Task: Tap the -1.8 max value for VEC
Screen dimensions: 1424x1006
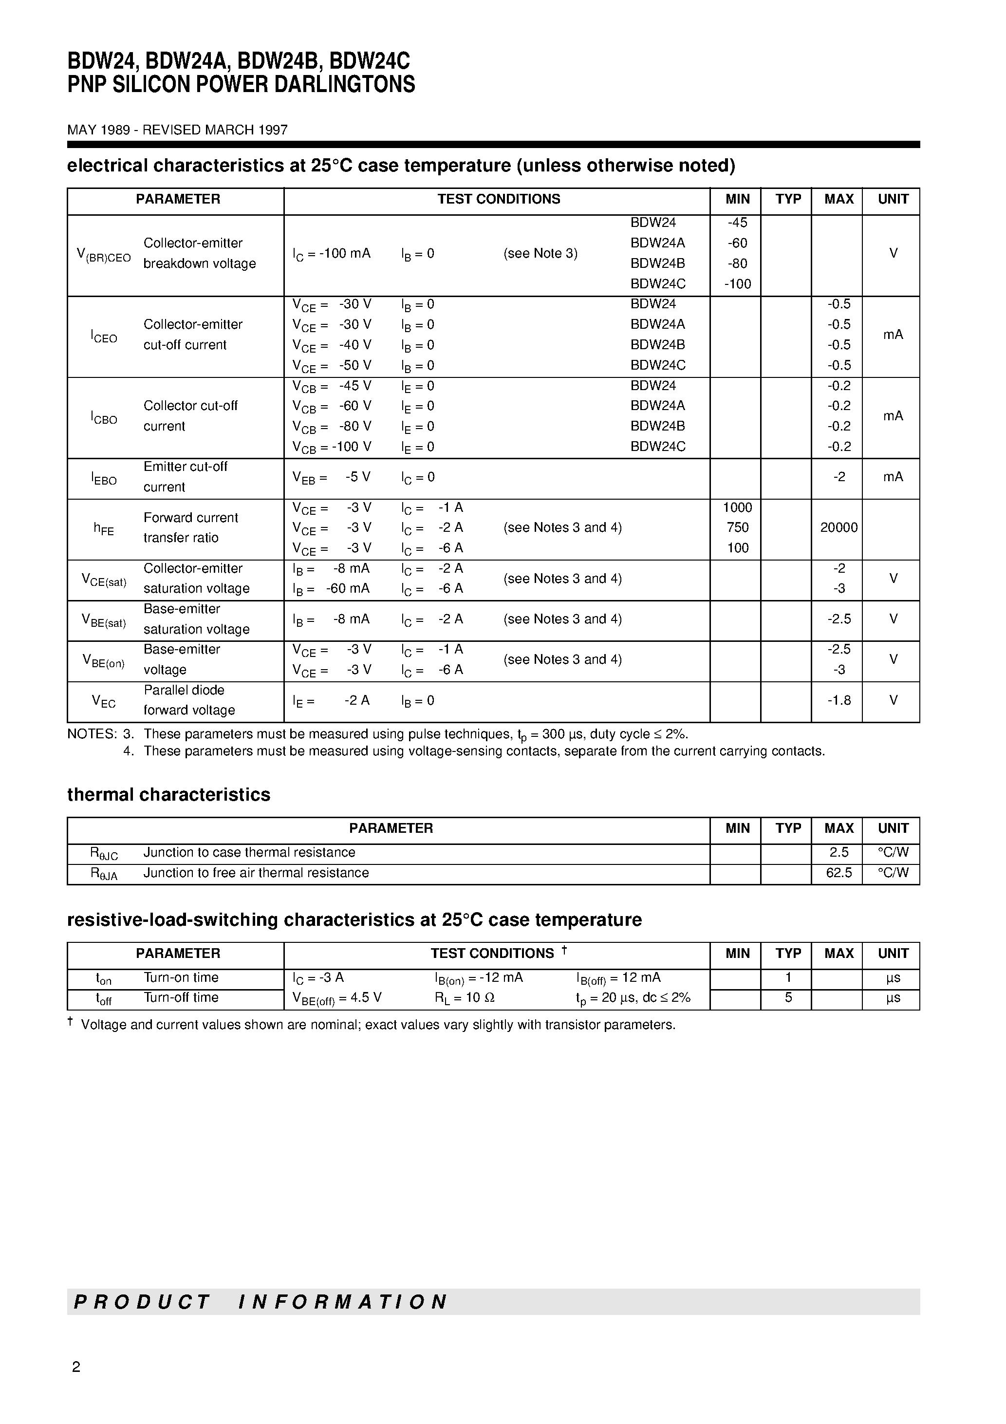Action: tap(838, 700)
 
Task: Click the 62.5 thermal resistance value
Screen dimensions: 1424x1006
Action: tap(838, 873)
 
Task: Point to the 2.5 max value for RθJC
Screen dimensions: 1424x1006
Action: tap(838, 852)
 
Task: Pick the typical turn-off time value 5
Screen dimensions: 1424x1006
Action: tap(788, 997)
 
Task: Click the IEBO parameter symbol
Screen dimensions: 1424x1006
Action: tap(104, 478)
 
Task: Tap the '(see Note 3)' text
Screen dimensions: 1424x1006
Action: tap(540, 253)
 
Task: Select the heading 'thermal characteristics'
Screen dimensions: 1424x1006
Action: tap(168, 794)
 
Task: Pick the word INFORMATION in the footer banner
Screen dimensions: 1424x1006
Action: tap(342, 1302)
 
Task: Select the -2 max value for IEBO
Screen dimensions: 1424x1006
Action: tap(838, 477)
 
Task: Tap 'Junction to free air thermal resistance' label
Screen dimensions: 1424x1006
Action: tap(256, 873)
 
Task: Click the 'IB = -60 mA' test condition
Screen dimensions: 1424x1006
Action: tap(332, 589)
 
